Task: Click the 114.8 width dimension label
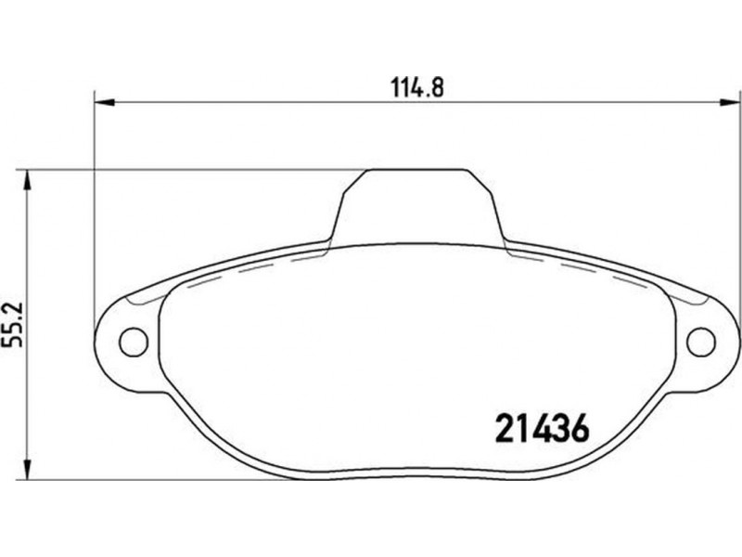point(417,87)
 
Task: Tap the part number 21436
point(543,428)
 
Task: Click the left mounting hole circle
point(134,342)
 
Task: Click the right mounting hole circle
point(701,342)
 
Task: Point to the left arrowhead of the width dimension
point(105,102)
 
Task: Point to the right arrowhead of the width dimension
point(729,102)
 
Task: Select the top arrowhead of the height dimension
point(27,180)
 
